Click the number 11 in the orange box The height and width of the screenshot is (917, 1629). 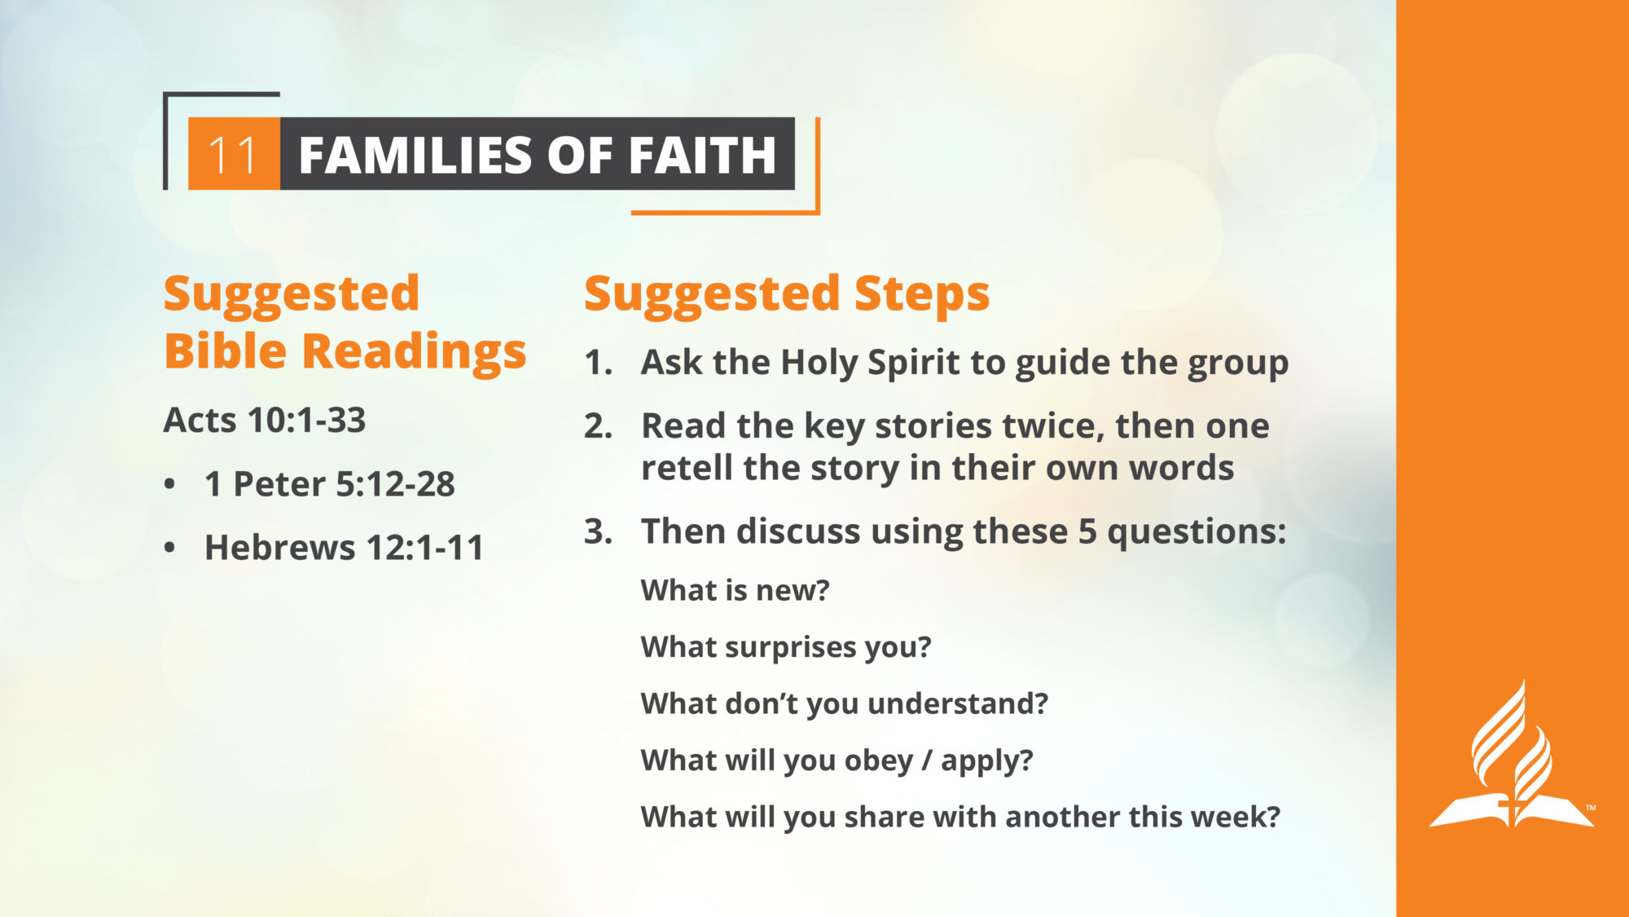[x=233, y=155]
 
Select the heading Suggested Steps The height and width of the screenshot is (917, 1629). [x=787, y=294]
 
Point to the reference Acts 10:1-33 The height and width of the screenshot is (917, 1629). [x=265, y=420]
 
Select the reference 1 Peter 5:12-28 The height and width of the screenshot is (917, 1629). [x=330, y=484]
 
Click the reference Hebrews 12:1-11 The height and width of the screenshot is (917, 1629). [x=345, y=547]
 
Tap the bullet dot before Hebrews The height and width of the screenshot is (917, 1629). [x=169, y=548]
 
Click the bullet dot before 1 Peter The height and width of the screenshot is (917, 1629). [x=169, y=484]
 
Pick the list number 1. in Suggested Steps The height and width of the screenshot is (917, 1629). [x=598, y=363]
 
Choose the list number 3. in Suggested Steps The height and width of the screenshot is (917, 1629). [x=598, y=531]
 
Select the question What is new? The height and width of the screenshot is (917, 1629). [x=735, y=590]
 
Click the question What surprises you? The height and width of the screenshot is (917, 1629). [x=786, y=647]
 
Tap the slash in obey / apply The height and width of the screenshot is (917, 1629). [x=927, y=760]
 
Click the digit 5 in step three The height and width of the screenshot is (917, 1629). [x=1087, y=531]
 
